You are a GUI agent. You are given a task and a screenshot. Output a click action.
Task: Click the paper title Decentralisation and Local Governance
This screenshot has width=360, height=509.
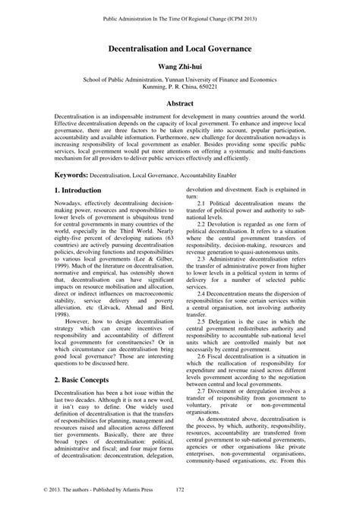[180, 47]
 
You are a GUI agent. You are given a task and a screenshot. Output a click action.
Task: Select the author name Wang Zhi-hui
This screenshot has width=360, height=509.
[180, 66]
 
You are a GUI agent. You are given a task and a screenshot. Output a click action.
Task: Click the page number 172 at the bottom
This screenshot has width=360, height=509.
[180, 490]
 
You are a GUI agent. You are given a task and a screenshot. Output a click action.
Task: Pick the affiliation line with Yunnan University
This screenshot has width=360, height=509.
[180, 79]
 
